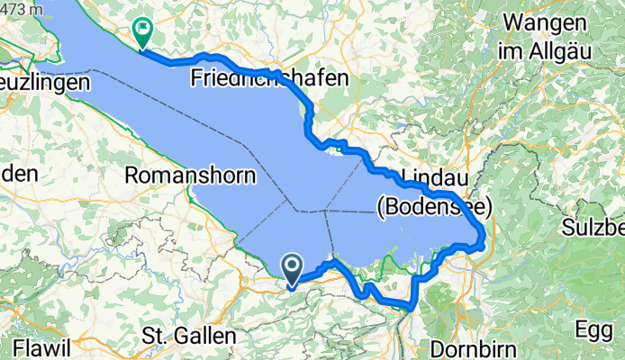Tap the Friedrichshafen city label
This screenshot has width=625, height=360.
coord(269,79)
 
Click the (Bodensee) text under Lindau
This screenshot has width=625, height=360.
coord(433,208)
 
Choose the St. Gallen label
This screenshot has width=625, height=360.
coord(188,337)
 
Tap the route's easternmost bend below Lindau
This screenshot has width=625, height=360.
coord(485,236)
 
